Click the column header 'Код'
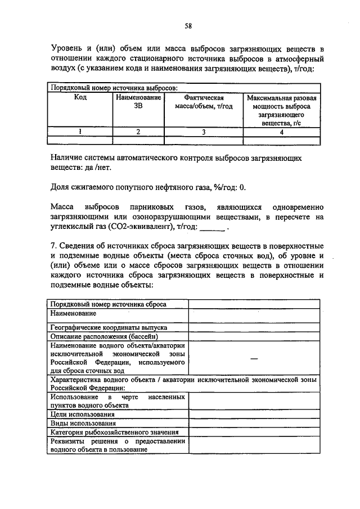[x=80, y=98]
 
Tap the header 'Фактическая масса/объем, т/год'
[x=200, y=102]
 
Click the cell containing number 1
[x=80, y=132]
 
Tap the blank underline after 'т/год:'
[x=213, y=228]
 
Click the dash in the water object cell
[x=254, y=358]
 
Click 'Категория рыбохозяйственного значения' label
[x=114, y=432]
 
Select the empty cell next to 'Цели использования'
[x=254, y=414]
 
